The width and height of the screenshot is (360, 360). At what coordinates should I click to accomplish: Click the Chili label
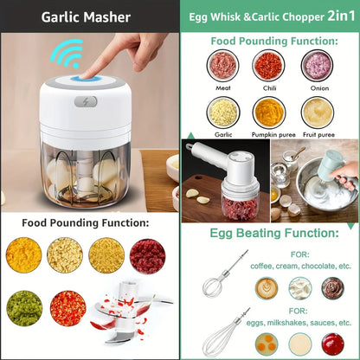coord(268,86)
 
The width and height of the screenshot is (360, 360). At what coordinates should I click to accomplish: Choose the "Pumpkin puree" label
coord(268,135)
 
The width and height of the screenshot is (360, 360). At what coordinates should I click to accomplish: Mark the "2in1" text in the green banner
coord(331,16)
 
